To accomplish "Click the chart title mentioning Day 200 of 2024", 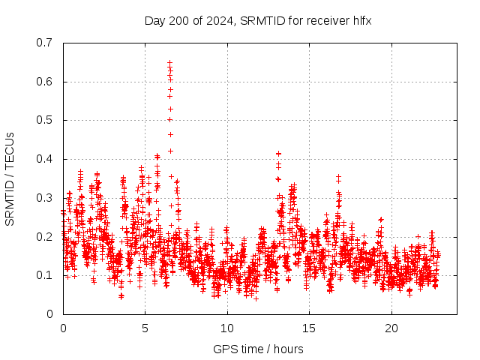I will pyautogui.click(x=258, y=20).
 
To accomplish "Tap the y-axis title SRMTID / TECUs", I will pyautogui.click(x=10, y=178).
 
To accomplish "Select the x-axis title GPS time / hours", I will pyautogui.click(x=258, y=349).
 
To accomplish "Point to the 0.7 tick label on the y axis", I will pyautogui.click(x=44, y=43).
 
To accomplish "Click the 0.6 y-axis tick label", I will pyautogui.click(x=44, y=82).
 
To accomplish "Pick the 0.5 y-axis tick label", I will pyautogui.click(x=44, y=120).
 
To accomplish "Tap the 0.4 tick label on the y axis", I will pyautogui.click(x=44, y=159).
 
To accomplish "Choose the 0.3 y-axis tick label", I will pyautogui.click(x=44, y=198).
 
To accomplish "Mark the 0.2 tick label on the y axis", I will pyautogui.click(x=44, y=237).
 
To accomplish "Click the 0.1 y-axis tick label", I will pyautogui.click(x=44, y=275).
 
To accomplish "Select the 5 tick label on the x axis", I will pyautogui.click(x=145, y=328).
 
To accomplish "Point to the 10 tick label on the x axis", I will pyautogui.click(x=227, y=328).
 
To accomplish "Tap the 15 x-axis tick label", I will pyautogui.click(x=309, y=328).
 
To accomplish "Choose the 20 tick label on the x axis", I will pyautogui.click(x=391, y=328).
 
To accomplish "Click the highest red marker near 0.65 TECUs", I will pyautogui.click(x=169, y=63).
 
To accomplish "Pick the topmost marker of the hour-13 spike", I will pyautogui.click(x=278, y=154).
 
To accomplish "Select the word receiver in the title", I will pyautogui.click(x=324, y=20).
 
